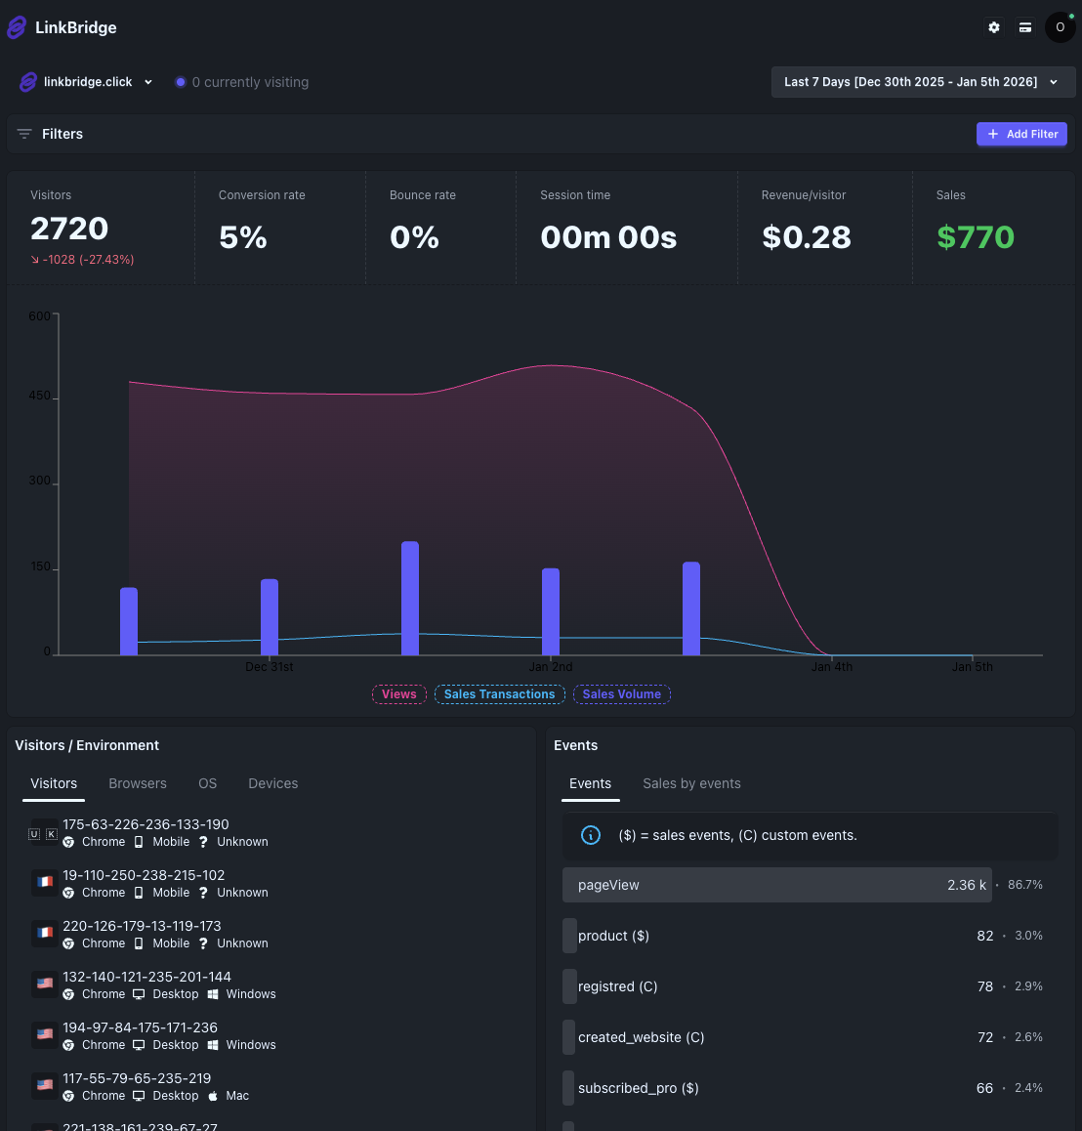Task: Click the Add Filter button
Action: pos(1021,134)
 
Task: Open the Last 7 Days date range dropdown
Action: pos(922,82)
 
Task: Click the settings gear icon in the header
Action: pos(993,27)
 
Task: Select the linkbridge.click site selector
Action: pos(87,82)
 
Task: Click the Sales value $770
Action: pos(975,237)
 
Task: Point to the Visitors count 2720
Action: pos(69,229)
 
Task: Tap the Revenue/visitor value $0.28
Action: pos(806,237)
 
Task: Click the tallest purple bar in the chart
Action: pos(410,598)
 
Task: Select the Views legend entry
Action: pos(398,694)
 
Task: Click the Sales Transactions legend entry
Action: pos(499,694)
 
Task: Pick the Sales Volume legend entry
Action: pos(621,694)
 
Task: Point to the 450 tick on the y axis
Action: pos(40,397)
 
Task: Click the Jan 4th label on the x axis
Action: pos(832,667)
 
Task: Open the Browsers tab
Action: pos(138,783)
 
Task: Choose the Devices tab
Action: pos(272,783)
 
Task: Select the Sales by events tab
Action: pos(691,783)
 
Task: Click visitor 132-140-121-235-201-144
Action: pos(146,977)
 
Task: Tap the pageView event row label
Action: pos(608,885)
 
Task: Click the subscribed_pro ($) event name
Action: pos(638,1088)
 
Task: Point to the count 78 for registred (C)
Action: pos(984,986)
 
